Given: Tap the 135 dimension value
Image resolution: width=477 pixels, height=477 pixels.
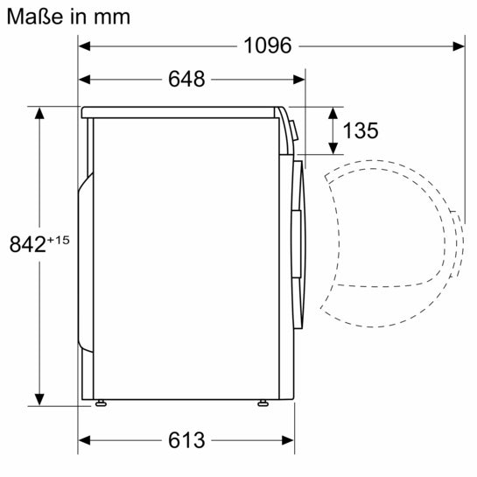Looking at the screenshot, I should pos(361,131).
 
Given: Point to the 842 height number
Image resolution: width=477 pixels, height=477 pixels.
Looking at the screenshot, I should pos(27,245).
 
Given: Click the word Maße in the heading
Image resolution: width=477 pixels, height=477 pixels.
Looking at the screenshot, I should pos(31,15).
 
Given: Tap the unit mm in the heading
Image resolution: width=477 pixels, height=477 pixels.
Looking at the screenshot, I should pos(114,16).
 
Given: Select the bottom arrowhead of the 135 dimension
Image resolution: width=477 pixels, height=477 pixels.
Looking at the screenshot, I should pos(333,151).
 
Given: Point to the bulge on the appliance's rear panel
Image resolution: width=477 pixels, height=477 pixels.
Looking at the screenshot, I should pos(83,263).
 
